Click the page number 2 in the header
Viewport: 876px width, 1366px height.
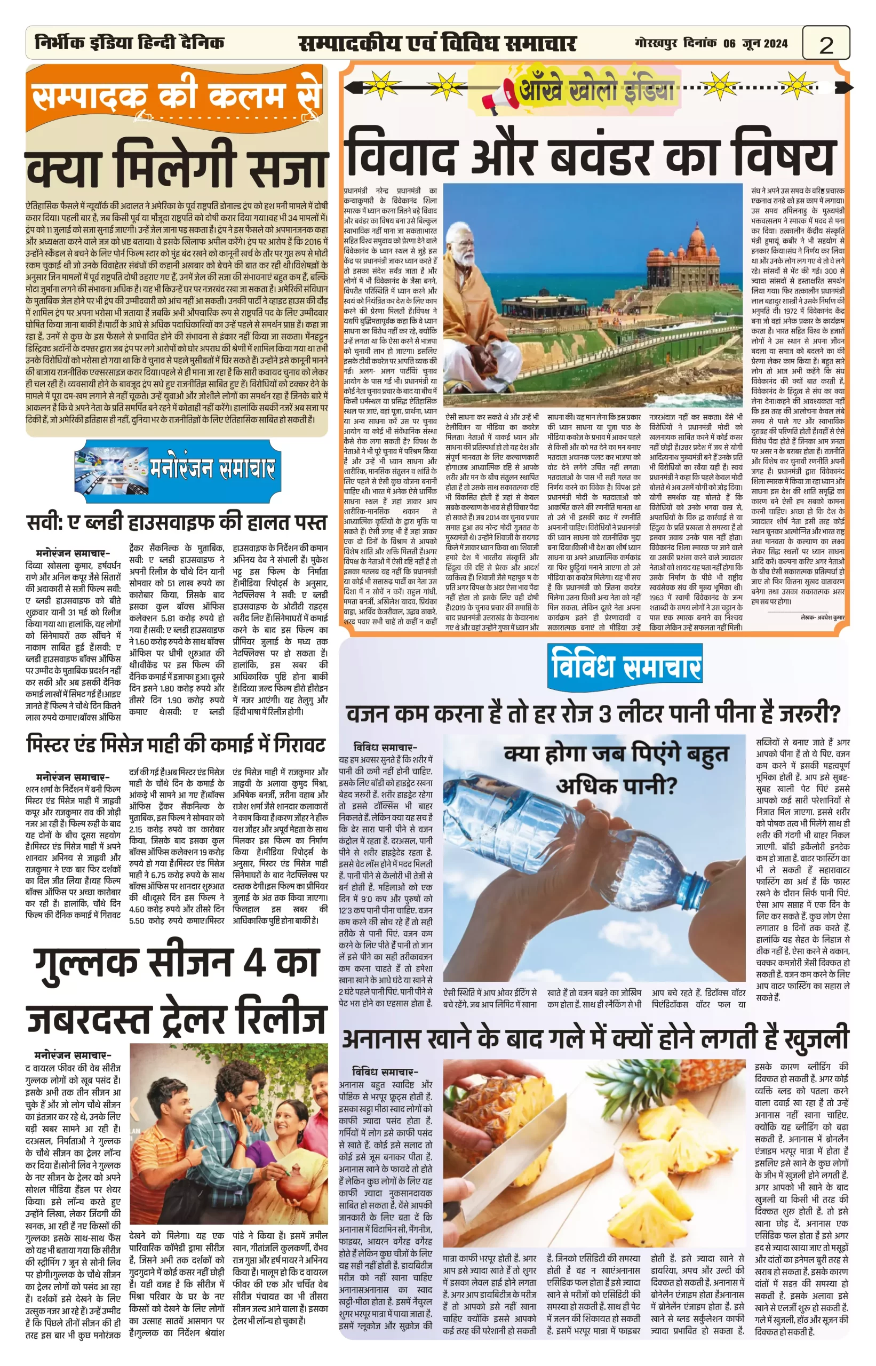click(826, 44)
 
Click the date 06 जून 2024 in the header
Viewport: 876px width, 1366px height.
click(755, 43)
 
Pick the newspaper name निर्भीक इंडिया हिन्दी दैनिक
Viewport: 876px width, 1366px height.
click(130, 43)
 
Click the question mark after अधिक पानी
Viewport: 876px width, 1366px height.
click(668, 788)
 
